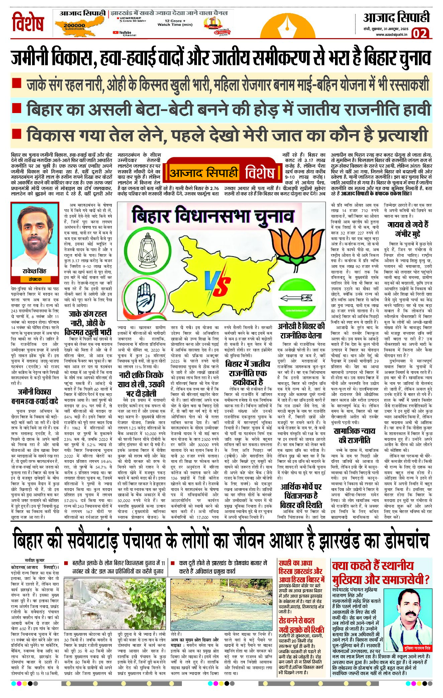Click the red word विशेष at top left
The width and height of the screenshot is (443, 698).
tap(28, 23)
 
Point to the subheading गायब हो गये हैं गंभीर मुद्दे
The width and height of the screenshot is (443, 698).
tap(408, 229)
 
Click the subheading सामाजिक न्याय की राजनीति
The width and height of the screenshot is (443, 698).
tap(354, 435)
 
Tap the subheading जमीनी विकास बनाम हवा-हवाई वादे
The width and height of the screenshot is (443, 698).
tap(34, 396)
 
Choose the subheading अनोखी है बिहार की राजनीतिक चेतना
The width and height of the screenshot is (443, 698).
tap(301, 331)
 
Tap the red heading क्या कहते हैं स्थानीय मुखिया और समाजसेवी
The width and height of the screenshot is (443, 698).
tap(381, 572)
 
